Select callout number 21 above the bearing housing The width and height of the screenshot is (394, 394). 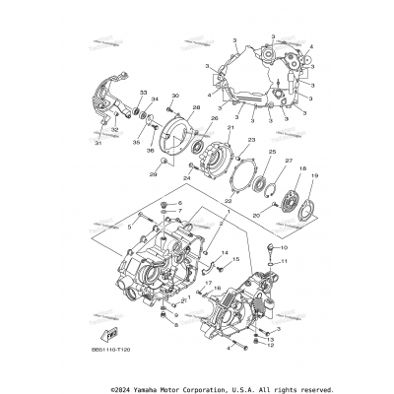231,128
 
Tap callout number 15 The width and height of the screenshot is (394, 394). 235,260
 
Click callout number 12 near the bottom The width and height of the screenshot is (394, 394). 271,346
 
